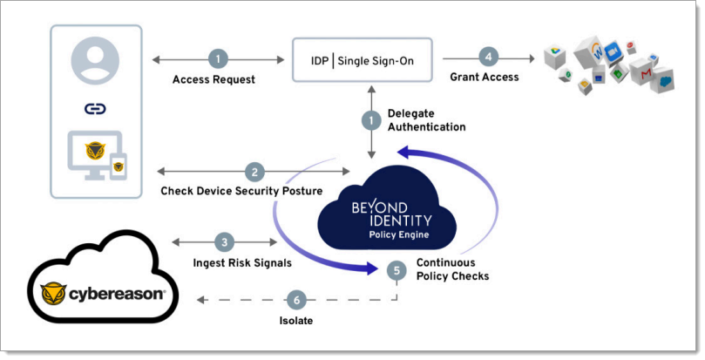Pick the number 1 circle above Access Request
click(219, 59)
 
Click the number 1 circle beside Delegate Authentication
click(371, 119)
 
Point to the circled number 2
click(254, 172)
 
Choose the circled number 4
click(489, 58)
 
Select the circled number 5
click(397, 270)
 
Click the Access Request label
click(214, 79)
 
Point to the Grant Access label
click(485, 78)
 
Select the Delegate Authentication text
click(426, 120)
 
